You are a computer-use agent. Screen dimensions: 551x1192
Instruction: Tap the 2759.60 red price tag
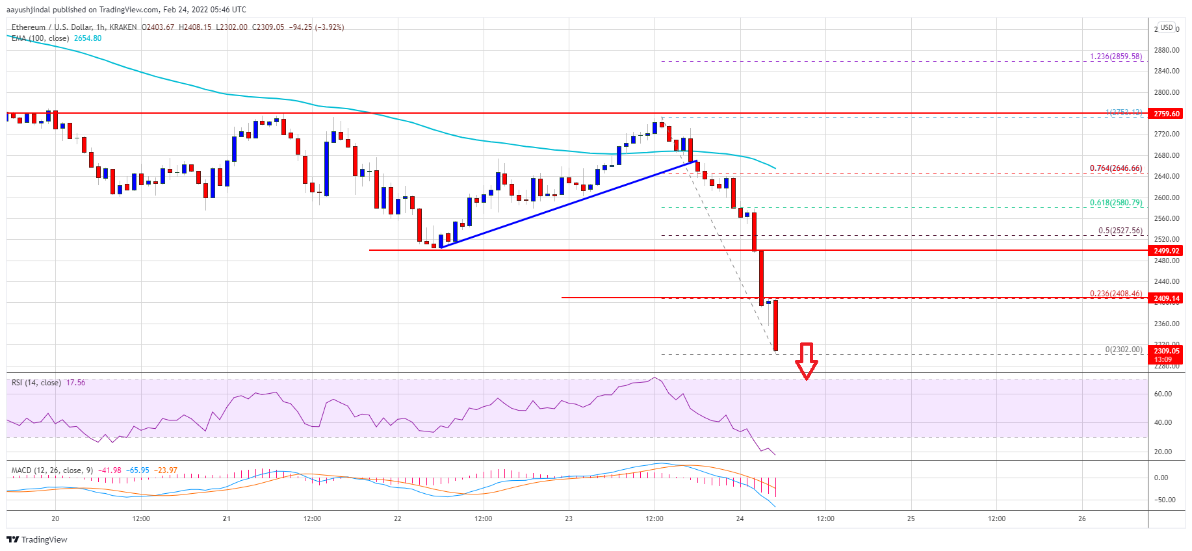tap(1167, 114)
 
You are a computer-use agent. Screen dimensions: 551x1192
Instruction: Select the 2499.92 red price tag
tap(1167, 251)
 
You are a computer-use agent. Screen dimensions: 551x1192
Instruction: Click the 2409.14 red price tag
tap(1167, 298)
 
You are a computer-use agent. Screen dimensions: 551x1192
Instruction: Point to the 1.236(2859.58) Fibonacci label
tap(1116, 57)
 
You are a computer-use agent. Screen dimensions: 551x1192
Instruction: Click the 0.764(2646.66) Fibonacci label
tap(1116, 168)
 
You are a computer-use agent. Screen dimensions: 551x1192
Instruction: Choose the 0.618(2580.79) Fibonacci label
tap(1116, 203)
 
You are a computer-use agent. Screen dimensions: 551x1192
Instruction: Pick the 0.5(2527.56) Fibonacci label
tap(1120, 231)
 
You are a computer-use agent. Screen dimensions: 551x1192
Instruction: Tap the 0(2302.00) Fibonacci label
tap(1124, 350)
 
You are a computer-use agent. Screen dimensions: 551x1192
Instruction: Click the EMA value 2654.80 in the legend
tap(88, 38)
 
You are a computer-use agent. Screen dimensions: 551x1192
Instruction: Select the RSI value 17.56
tap(76, 383)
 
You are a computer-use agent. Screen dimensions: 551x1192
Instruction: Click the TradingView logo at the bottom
tap(37, 539)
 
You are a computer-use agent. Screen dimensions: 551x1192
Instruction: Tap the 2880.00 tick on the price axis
tap(1167, 50)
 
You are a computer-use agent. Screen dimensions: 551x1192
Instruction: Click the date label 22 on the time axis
tap(398, 519)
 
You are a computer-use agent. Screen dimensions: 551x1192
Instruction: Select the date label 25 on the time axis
tap(911, 519)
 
